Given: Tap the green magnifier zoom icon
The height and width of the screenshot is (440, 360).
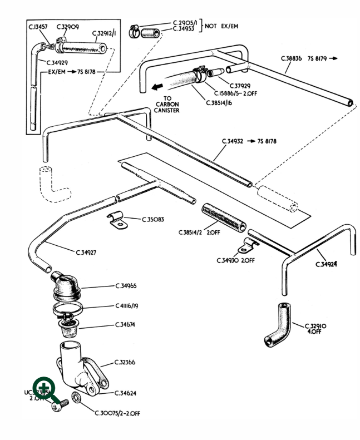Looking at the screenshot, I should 45,389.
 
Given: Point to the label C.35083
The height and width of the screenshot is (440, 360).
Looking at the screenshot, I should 153,220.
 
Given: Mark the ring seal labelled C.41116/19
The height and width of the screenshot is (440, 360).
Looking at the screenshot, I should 69,308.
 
